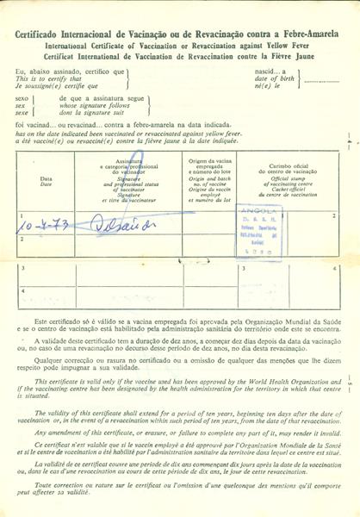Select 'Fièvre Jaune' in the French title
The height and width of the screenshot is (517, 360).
click(289, 51)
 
